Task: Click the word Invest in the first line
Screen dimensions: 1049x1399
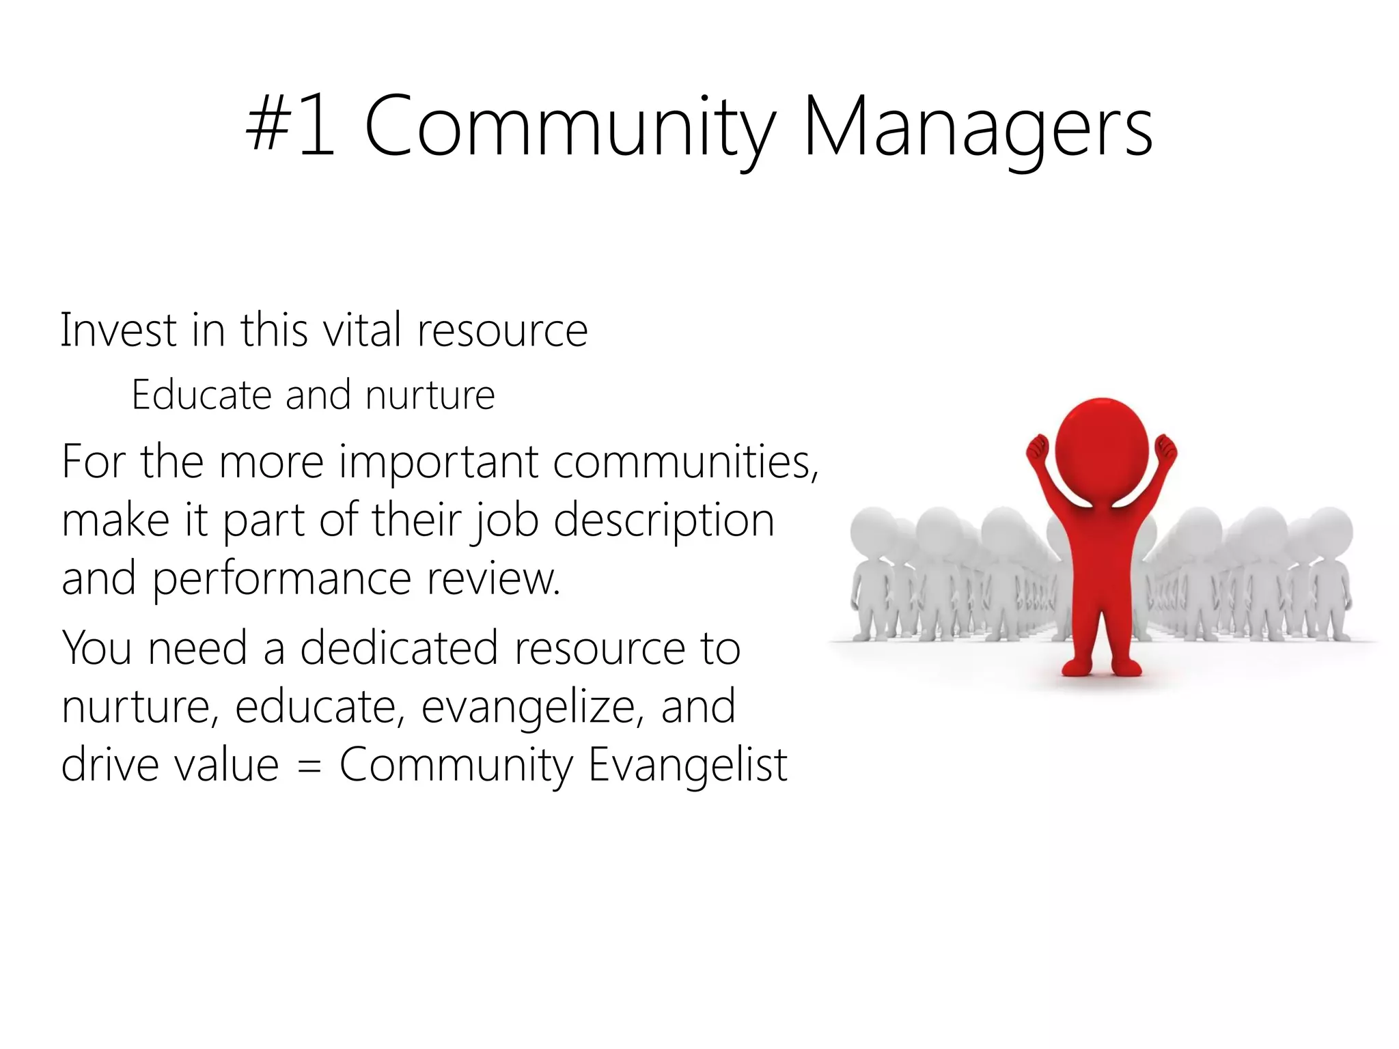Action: (x=118, y=331)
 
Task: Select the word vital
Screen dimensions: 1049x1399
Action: (x=361, y=331)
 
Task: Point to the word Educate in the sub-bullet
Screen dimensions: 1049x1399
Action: (x=202, y=395)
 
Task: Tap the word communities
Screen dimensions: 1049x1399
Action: (x=685, y=463)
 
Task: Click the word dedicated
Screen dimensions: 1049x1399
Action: (x=399, y=649)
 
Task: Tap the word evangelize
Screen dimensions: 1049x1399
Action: (x=532, y=708)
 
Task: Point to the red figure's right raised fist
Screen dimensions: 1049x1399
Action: (x=1165, y=449)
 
